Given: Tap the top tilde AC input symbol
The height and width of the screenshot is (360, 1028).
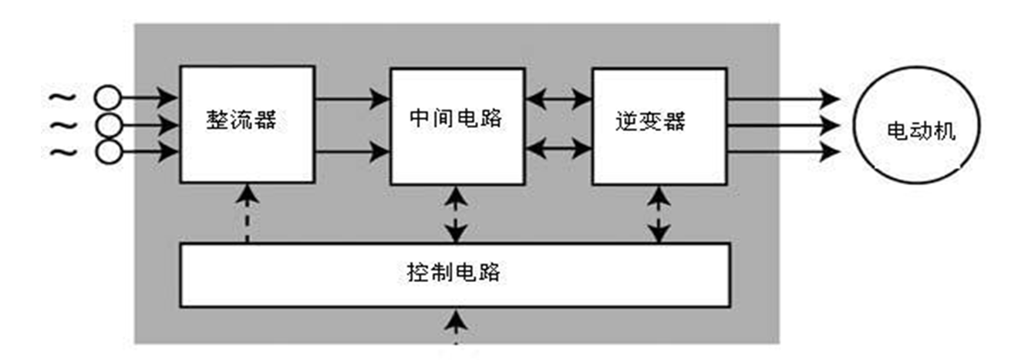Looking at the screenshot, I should pos(62,98).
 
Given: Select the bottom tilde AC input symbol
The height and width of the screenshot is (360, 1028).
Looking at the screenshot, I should pos(62,152).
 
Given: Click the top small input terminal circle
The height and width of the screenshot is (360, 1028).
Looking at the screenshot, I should pos(108,98).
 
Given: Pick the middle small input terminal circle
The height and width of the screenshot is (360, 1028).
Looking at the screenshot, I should pos(108,125).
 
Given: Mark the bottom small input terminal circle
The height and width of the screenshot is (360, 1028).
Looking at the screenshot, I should pos(108,152).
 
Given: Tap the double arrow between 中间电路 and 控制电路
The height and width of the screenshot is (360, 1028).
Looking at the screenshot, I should pos(457,214).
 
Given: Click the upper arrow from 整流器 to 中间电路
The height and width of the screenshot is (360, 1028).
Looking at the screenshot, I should pos(352,98).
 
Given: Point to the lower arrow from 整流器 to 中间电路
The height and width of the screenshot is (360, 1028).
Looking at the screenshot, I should pos(352,152).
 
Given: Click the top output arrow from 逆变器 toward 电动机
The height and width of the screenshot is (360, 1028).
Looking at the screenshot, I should pos(783,98).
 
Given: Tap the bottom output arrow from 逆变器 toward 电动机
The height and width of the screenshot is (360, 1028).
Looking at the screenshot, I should pos(783,151).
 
